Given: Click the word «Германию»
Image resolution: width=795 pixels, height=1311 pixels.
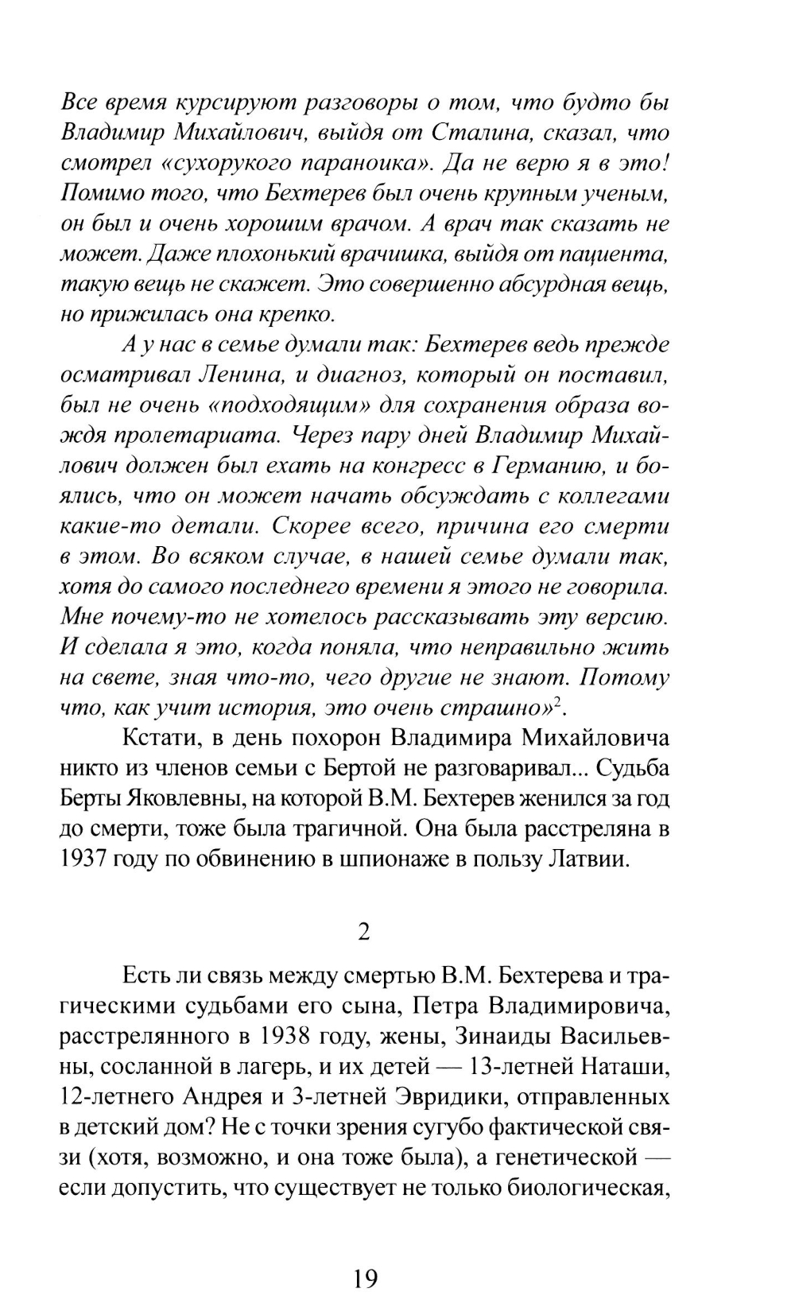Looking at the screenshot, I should coord(547,465).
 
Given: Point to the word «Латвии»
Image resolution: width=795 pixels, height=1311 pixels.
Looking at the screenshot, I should coord(587,860).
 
